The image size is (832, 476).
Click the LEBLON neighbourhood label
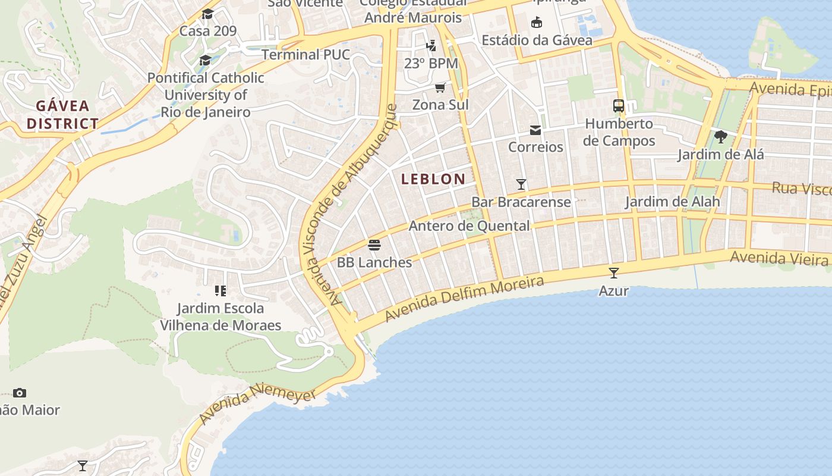[433, 178]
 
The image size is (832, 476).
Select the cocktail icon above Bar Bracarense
[521, 184]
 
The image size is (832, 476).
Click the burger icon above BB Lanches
[374, 245]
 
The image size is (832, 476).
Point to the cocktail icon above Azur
[614, 273]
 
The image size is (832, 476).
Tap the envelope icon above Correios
[535, 130]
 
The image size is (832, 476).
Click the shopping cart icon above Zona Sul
[440, 88]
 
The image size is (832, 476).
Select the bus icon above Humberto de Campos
[619, 106]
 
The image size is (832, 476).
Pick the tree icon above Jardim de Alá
[721, 137]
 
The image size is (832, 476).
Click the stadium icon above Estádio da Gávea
[537, 23]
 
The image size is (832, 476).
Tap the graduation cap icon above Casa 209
[207, 14]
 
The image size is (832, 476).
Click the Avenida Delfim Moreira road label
[464, 298]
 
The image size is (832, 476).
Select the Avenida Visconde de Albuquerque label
[350, 205]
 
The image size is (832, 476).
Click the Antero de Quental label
[469, 226]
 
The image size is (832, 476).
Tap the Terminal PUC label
[305, 55]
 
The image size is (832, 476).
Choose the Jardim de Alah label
[672, 202]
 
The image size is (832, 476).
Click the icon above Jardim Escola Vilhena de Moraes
[220, 291]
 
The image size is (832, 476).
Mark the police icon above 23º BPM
[431, 45]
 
